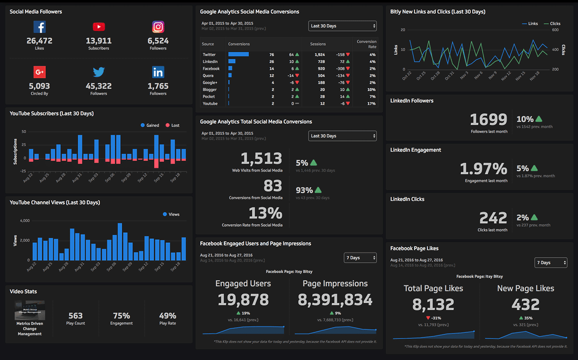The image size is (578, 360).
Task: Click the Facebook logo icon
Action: (40, 27)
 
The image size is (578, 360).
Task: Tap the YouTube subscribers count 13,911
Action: (98, 41)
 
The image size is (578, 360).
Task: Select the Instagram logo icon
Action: (158, 27)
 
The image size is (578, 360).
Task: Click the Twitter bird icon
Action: (98, 73)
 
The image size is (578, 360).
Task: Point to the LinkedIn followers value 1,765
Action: (158, 86)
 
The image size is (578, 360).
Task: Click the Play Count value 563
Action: (76, 315)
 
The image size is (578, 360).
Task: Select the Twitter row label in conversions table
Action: (209, 55)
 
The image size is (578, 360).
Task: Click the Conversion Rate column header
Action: (366, 44)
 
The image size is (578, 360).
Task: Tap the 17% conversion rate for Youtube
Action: (371, 103)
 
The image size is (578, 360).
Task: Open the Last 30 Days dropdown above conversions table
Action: (343, 26)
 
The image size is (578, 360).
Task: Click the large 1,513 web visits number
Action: (261, 159)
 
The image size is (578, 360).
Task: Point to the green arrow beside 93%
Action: (318, 190)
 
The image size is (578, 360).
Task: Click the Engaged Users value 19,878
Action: (243, 300)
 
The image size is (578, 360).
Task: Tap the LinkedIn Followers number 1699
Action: (488, 119)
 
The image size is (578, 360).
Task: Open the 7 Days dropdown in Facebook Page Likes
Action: (551, 263)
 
